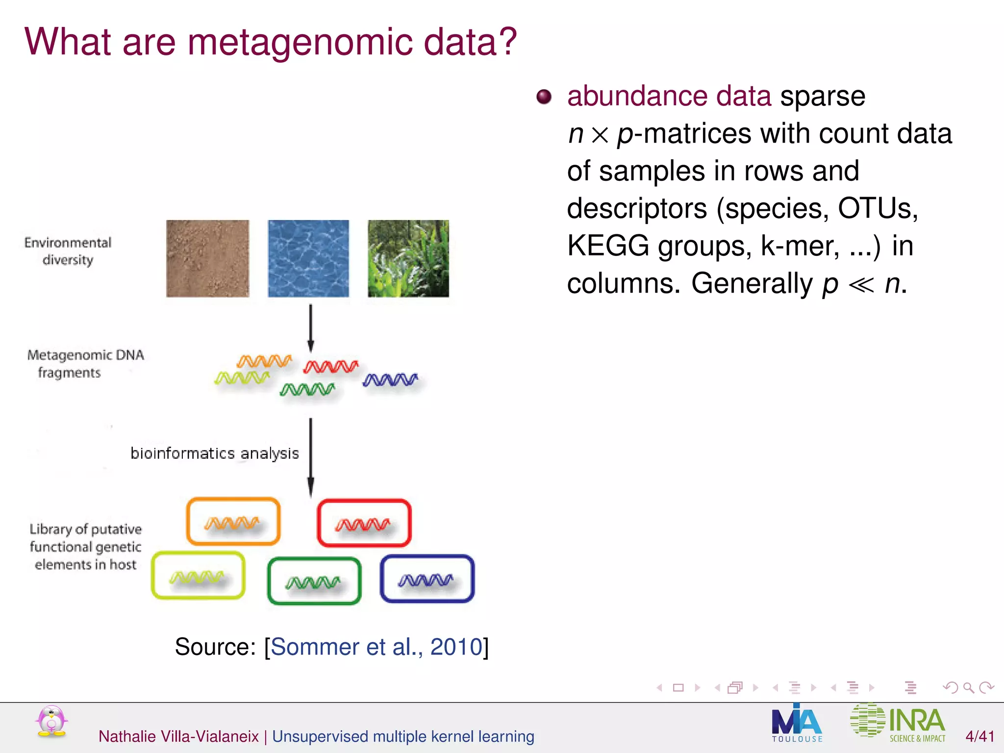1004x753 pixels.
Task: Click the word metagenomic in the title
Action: tap(300, 43)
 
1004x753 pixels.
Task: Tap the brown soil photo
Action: tap(208, 258)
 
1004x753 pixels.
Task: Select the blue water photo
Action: tap(308, 258)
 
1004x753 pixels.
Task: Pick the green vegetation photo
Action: tap(408, 258)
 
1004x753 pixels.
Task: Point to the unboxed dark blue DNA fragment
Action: tap(390, 380)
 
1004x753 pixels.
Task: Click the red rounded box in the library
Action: tap(364, 523)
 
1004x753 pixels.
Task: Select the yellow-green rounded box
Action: tap(198, 576)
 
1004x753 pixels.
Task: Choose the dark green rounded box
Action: tap(314, 581)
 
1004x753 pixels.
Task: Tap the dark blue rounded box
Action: tap(427, 578)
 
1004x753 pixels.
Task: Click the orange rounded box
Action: tap(233, 522)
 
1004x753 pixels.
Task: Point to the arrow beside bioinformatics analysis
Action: tap(310, 457)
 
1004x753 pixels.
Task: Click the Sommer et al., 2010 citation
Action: tap(376, 647)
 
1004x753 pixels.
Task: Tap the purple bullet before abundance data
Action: tap(544, 97)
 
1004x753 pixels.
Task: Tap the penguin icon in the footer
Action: tap(51, 721)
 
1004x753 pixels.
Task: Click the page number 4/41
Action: tap(979, 736)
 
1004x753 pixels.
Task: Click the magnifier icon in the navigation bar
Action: tap(968, 688)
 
